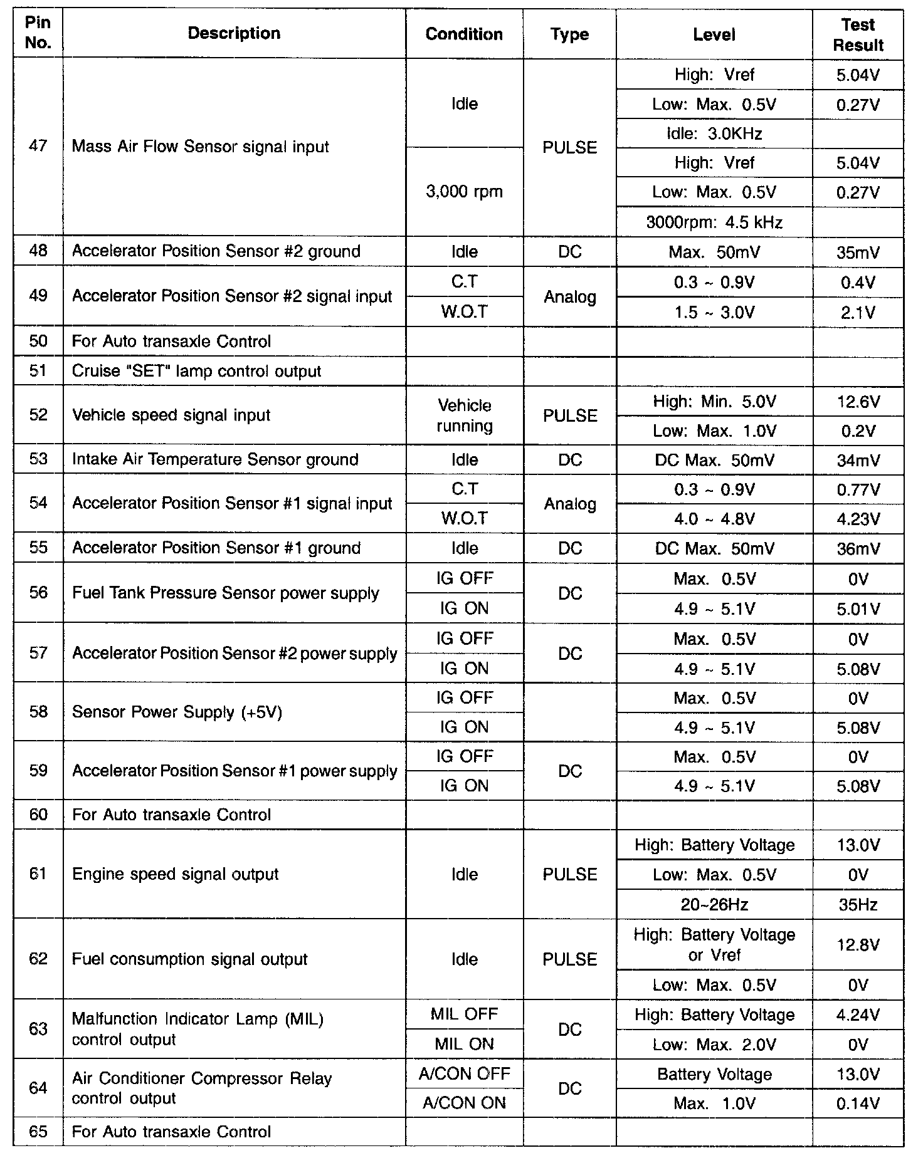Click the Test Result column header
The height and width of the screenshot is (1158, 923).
pyautogui.click(x=858, y=34)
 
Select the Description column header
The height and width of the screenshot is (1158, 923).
pyautogui.click(x=234, y=33)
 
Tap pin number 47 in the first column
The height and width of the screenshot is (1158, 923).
pyautogui.click(x=38, y=147)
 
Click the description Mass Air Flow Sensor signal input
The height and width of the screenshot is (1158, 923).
pyautogui.click(x=200, y=147)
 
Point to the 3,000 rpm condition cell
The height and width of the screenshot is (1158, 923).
pyautogui.click(x=464, y=191)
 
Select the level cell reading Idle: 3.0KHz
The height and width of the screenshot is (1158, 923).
pyautogui.click(x=714, y=133)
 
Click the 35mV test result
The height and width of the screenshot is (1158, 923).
pyautogui.click(x=858, y=252)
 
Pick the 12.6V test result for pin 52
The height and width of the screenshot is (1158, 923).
pyautogui.click(x=858, y=401)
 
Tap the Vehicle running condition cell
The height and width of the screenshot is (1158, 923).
pyautogui.click(x=464, y=415)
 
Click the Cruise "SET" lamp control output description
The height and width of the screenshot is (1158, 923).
pyautogui.click(x=196, y=371)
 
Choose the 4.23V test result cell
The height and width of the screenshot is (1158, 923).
pyautogui.click(x=858, y=519)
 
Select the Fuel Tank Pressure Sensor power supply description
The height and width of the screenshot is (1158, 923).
pyautogui.click(x=225, y=593)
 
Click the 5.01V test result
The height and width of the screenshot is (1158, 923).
pyautogui.click(x=858, y=608)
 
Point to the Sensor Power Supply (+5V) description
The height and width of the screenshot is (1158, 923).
pyautogui.click(x=177, y=712)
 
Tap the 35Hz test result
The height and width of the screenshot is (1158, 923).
pyautogui.click(x=858, y=904)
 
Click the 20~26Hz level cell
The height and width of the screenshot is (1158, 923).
pyautogui.click(x=714, y=904)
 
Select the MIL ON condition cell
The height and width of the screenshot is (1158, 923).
pyautogui.click(x=464, y=1044)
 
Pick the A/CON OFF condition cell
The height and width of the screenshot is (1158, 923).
pyautogui.click(x=464, y=1074)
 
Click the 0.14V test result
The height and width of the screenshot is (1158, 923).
pyautogui.click(x=858, y=1103)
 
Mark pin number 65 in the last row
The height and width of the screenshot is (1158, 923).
pyautogui.click(x=38, y=1132)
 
